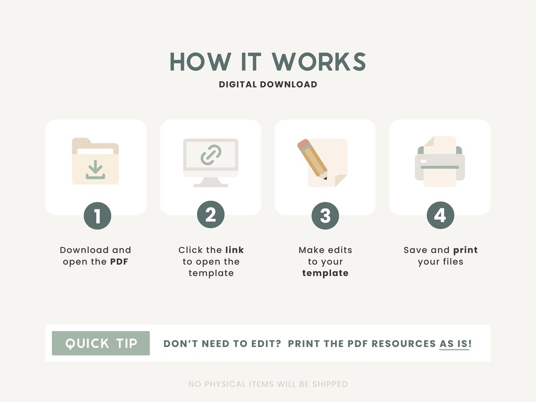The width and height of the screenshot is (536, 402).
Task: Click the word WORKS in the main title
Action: [x=319, y=62]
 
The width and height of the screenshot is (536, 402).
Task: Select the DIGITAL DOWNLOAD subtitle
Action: [x=268, y=85]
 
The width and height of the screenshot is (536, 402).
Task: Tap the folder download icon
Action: [x=95, y=161]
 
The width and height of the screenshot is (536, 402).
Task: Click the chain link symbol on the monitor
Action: [x=211, y=155]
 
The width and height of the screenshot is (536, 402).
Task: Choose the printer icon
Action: [x=440, y=161]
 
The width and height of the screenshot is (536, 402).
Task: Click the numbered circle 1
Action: [x=97, y=216]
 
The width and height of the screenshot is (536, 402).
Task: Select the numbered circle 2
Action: [x=211, y=215]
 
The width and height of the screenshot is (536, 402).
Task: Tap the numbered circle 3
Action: [x=325, y=216]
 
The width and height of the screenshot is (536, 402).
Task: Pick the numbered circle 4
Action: [x=440, y=215]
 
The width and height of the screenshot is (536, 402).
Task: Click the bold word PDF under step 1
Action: [x=119, y=262]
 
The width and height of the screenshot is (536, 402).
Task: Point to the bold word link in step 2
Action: [x=235, y=250]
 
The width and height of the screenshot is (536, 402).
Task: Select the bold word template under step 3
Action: [x=325, y=273]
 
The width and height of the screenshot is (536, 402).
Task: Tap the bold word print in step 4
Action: [x=465, y=250]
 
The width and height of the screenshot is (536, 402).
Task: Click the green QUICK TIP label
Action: [x=101, y=343]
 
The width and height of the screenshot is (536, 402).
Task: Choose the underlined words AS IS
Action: [x=454, y=344]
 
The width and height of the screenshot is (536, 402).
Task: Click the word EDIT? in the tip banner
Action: [x=266, y=344]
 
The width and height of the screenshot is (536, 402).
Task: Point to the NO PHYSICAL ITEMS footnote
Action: [x=268, y=384]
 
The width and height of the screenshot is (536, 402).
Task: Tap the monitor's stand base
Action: [x=211, y=185]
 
